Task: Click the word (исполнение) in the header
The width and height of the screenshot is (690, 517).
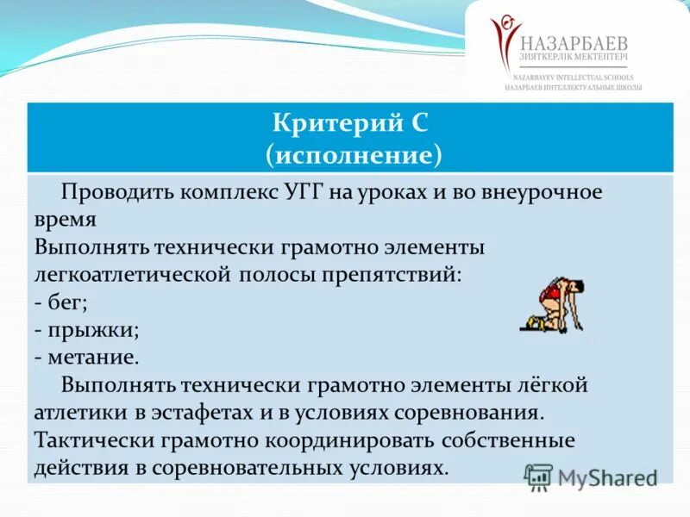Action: pyautogui.click(x=354, y=154)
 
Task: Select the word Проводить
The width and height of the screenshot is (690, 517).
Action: pyautogui.click(x=117, y=192)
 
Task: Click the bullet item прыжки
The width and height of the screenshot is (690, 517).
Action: pyautogui.click(x=86, y=329)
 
